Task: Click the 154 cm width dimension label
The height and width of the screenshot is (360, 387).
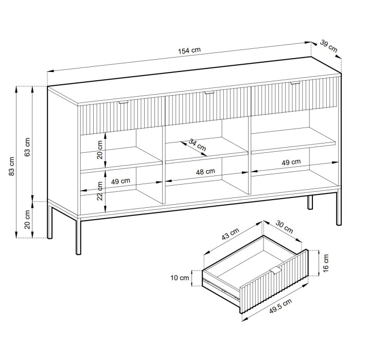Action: click(x=189, y=50)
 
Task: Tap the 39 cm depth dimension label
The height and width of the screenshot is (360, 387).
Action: click(x=328, y=46)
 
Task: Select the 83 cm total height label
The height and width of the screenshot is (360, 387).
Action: click(x=12, y=166)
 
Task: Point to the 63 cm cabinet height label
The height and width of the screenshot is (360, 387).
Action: click(x=27, y=147)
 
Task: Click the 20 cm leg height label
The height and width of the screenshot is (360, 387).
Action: click(x=27, y=220)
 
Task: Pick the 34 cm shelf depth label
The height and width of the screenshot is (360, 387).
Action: click(x=197, y=145)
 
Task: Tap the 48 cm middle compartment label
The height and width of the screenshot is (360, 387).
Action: click(x=205, y=172)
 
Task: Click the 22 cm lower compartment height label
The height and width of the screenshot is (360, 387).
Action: click(x=99, y=191)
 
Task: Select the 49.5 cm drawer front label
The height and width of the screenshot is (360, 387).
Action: click(x=280, y=306)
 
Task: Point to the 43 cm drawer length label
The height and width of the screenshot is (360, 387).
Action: click(x=230, y=234)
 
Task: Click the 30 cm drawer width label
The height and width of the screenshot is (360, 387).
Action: click(x=284, y=227)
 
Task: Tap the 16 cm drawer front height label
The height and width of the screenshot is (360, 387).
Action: click(x=326, y=263)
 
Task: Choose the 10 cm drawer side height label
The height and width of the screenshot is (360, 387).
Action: click(x=180, y=278)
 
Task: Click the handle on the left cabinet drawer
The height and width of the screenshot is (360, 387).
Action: click(x=124, y=102)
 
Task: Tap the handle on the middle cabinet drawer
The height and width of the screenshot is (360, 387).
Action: click(x=209, y=93)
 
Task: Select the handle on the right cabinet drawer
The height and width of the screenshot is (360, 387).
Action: click(x=295, y=83)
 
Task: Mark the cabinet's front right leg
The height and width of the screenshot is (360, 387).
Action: click(x=339, y=207)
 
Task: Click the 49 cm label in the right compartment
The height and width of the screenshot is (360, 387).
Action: click(x=291, y=162)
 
